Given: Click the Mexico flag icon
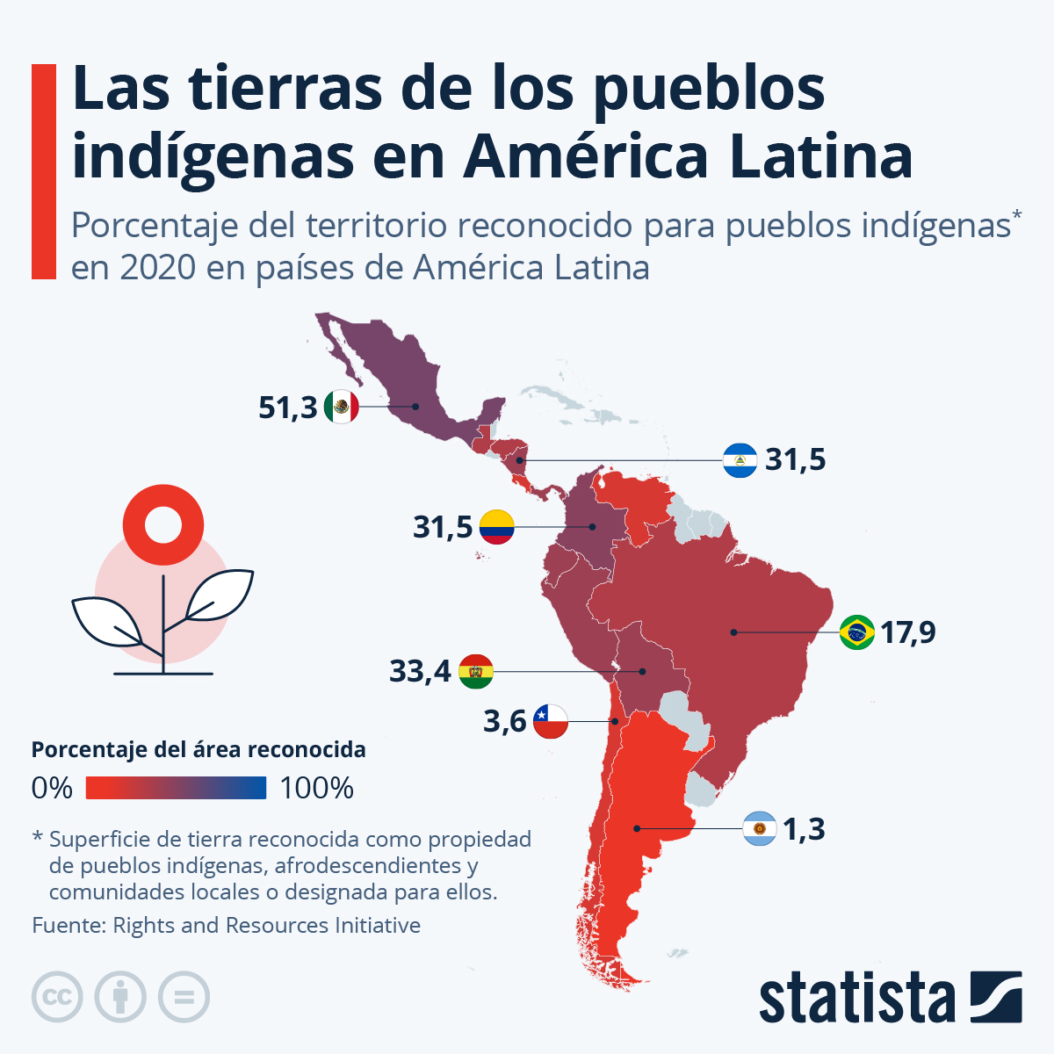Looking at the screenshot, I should pyautogui.click(x=341, y=407).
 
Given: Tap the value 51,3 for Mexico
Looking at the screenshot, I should pyautogui.click(x=287, y=408).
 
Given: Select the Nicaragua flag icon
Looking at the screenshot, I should pyautogui.click(x=740, y=460).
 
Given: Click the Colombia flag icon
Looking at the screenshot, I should pyautogui.click(x=496, y=527).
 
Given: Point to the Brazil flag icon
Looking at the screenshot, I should pyautogui.click(x=856, y=632).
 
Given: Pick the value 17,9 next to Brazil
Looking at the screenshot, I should pyautogui.click(x=908, y=632).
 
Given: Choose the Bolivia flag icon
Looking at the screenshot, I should pyautogui.click(x=476, y=672).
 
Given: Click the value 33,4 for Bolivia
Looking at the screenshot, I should pyautogui.click(x=420, y=672).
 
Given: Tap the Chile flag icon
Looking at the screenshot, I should pyautogui.click(x=551, y=721).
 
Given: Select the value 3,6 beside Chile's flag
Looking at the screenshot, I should pyautogui.click(x=504, y=722).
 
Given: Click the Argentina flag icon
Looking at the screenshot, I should pyautogui.click(x=759, y=828).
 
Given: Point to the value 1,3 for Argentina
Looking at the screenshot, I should pyautogui.click(x=804, y=829).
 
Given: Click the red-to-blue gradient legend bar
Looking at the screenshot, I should pyautogui.click(x=176, y=788).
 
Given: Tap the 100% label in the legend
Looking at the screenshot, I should pyautogui.click(x=316, y=788).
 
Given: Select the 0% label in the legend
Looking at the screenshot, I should pyautogui.click(x=52, y=788).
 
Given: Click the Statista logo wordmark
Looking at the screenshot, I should pyautogui.click(x=856, y=999).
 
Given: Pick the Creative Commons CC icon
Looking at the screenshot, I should pyautogui.click(x=57, y=997).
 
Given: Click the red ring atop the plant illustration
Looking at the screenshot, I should pyautogui.click(x=163, y=525).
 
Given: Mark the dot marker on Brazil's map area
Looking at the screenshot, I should pyautogui.click(x=733, y=632).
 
